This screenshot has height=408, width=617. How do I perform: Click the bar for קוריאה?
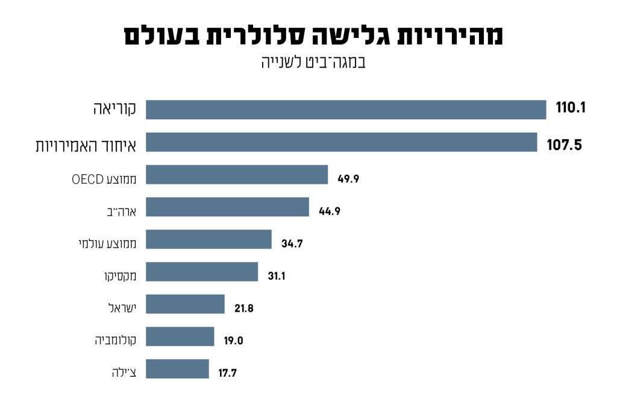[x=346, y=110]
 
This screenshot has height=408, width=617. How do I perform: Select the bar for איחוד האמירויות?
[x=341, y=142]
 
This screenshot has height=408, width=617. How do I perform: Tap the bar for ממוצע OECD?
[x=237, y=175]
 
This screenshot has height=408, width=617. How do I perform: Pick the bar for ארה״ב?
[x=227, y=207]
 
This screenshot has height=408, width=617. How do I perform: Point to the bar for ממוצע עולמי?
[x=208, y=240]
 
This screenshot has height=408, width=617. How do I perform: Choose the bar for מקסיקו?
[x=202, y=272]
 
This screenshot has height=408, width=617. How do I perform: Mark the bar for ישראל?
[x=185, y=304]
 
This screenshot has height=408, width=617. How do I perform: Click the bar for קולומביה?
[x=180, y=337]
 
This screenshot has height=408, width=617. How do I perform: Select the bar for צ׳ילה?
[x=177, y=369]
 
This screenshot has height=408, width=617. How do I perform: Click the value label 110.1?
[x=571, y=109]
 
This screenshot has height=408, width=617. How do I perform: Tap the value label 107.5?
[x=565, y=145]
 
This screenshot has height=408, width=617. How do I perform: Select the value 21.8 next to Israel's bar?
[x=243, y=308]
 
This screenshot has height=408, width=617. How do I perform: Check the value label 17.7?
[x=227, y=373]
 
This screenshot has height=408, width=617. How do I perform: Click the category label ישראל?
[x=122, y=308]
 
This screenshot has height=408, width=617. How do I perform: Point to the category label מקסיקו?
[x=121, y=276]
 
